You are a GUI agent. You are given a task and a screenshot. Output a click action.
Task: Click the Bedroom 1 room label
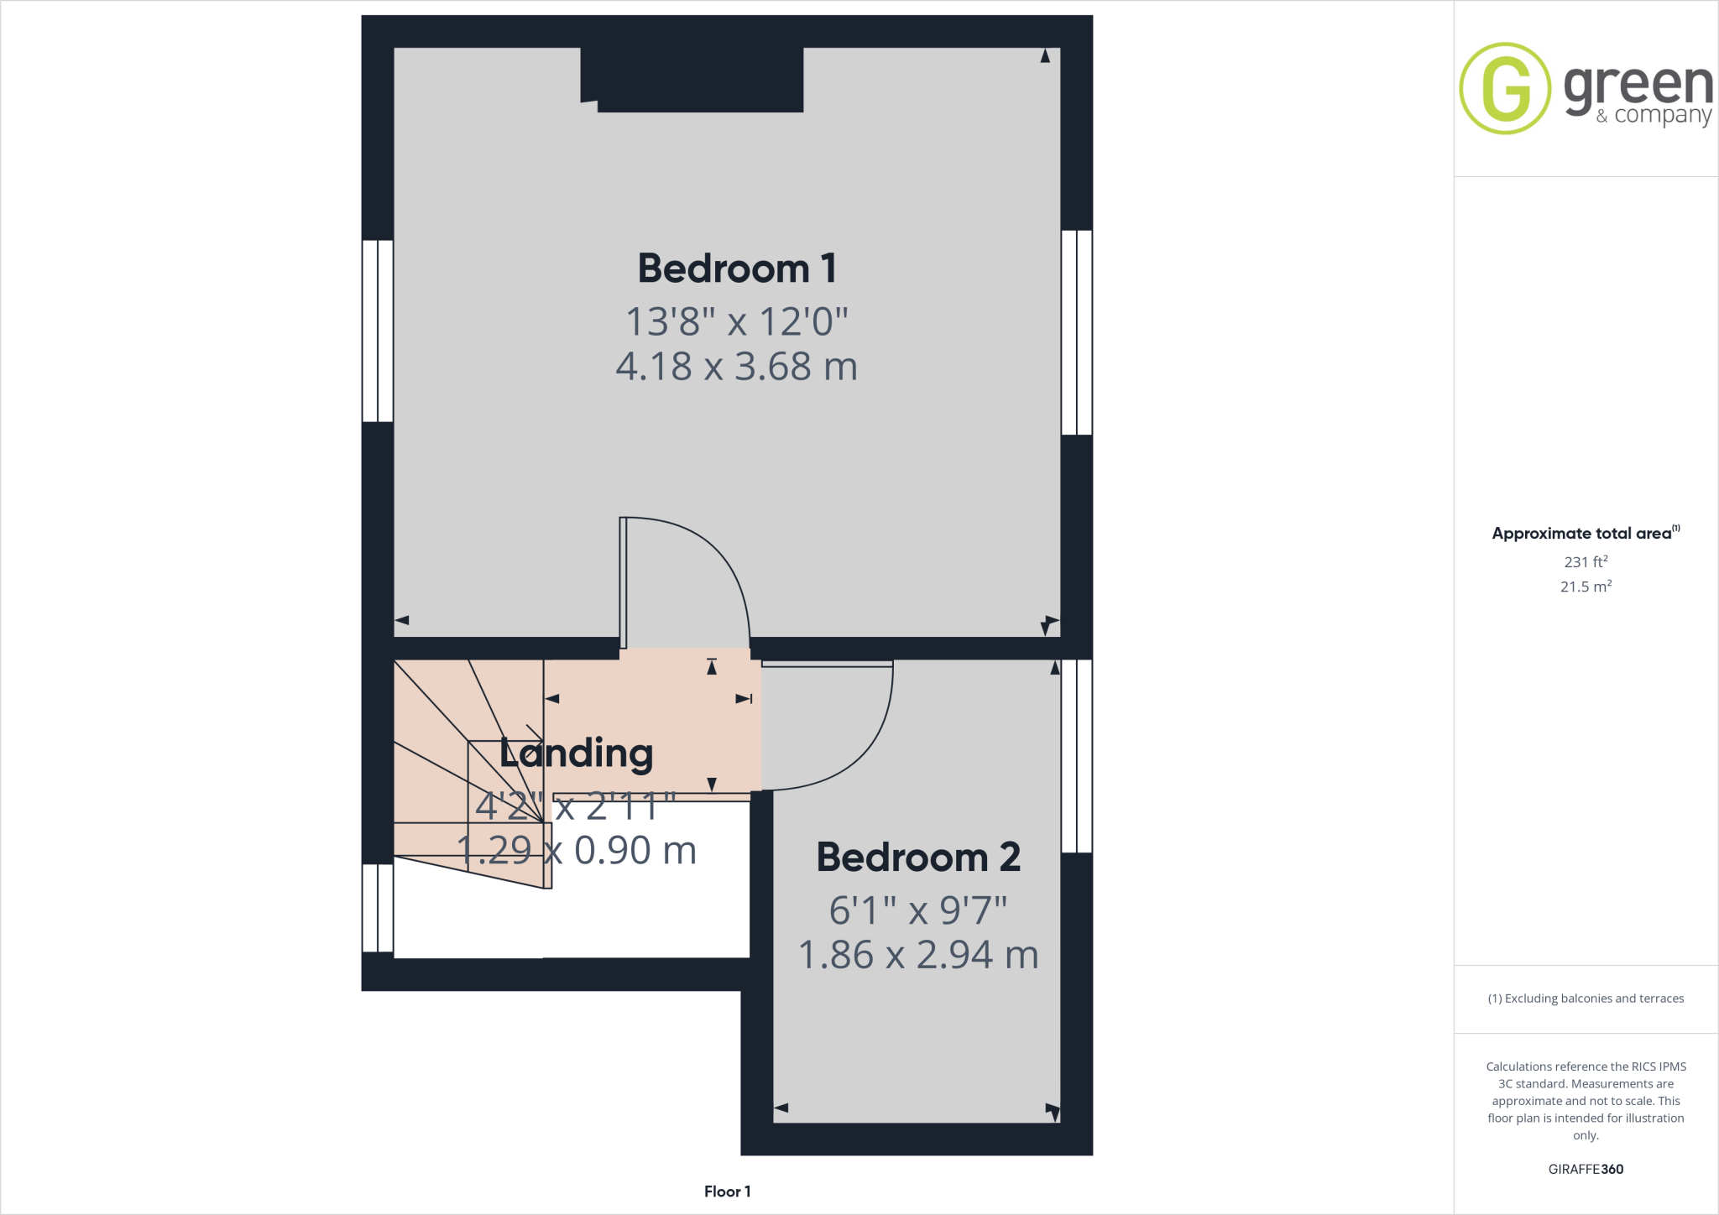[737, 269]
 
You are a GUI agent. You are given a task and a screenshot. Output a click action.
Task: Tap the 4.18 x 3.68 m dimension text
[737, 367]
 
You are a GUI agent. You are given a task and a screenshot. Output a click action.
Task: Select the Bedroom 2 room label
[918, 858]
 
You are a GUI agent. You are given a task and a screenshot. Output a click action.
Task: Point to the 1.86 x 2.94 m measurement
[918, 955]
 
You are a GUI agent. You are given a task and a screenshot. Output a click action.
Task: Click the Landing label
[577, 753]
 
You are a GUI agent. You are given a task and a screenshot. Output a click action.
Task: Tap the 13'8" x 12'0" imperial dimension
[737, 321]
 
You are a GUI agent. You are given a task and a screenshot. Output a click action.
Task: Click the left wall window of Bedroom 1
[378, 331]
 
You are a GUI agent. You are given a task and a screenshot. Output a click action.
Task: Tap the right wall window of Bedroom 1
[1077, 332]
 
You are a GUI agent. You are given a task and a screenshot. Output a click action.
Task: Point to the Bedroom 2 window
[1077, 755]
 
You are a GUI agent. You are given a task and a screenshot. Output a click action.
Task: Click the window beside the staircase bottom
[378, 908]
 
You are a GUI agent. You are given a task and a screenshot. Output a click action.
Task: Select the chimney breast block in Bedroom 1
[692, 80]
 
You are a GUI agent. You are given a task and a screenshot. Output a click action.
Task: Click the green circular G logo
[1505, 88]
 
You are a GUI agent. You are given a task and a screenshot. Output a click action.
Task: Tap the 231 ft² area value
[1586, 561]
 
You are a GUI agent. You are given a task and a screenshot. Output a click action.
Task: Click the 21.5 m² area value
[1586, 587]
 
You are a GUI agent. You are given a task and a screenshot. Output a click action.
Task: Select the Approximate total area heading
[1583, 534]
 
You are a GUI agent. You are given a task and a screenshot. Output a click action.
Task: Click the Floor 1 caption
[727, 1192]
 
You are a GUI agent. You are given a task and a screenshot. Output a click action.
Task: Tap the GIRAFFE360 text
[1586, 1169]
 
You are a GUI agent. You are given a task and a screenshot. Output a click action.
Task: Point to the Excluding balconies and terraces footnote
[1586, 999]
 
